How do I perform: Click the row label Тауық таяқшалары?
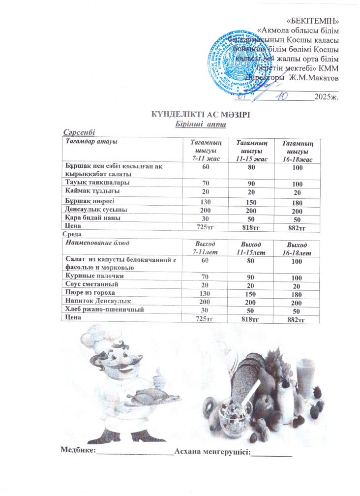coord(95,182)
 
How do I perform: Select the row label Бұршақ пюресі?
coord(90,201)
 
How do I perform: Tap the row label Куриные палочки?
coord(93,277)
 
